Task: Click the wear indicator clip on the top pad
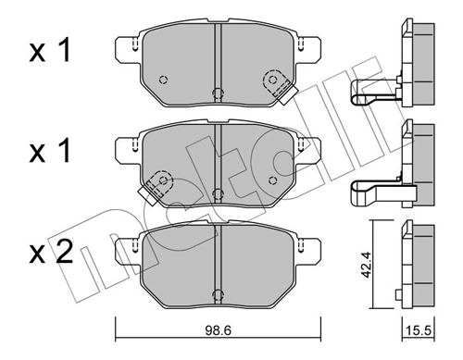pyautogui.click(x=277, y=85)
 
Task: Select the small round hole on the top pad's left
pyautogui.click(x=163, y=78)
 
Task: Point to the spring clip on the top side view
pyautogui.click(x=374, y=90)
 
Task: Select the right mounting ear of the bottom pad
pyautogui.click(x=310, y=248)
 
